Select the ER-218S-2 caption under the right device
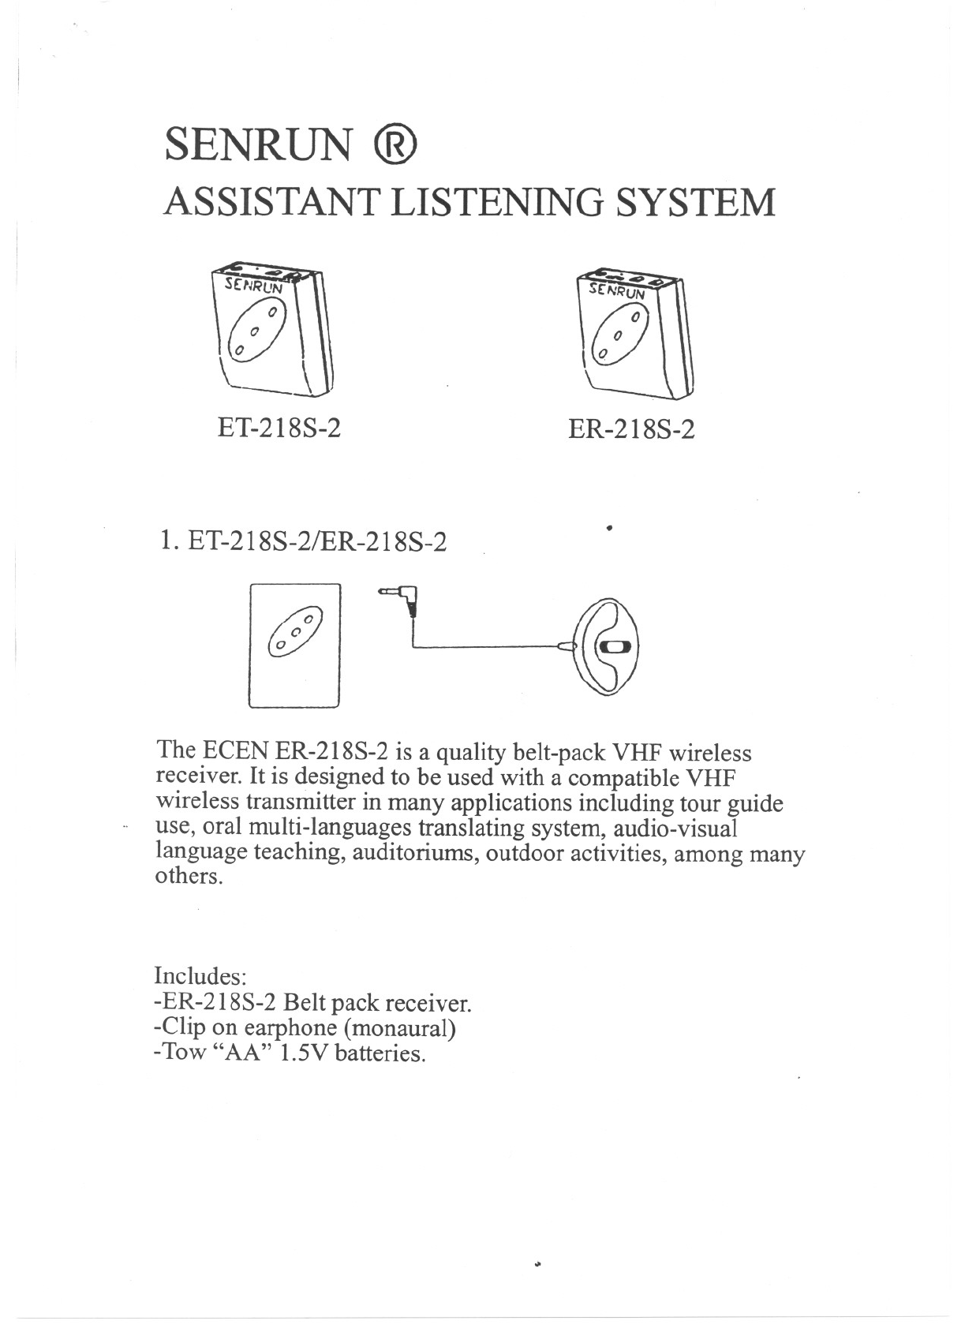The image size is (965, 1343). tap(632, 430)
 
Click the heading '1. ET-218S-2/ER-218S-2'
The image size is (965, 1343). tap(302, 542)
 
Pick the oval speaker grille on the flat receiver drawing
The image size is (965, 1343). tap(294, 631)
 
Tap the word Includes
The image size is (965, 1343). tap(201, 976)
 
